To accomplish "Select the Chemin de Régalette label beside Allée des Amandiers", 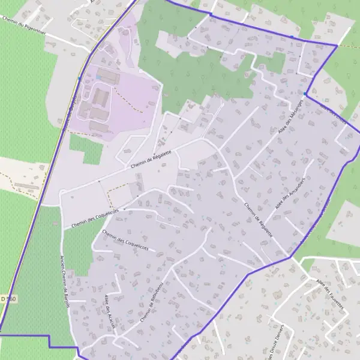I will (259, 220).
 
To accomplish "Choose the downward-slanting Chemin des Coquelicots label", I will (125, 239).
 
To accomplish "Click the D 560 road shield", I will (8, 299).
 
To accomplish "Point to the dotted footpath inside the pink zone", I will (134, 108).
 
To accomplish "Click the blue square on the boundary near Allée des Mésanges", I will (305, 94).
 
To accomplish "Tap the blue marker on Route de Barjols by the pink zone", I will (79, 78).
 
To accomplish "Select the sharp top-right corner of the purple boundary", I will (337, 45).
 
